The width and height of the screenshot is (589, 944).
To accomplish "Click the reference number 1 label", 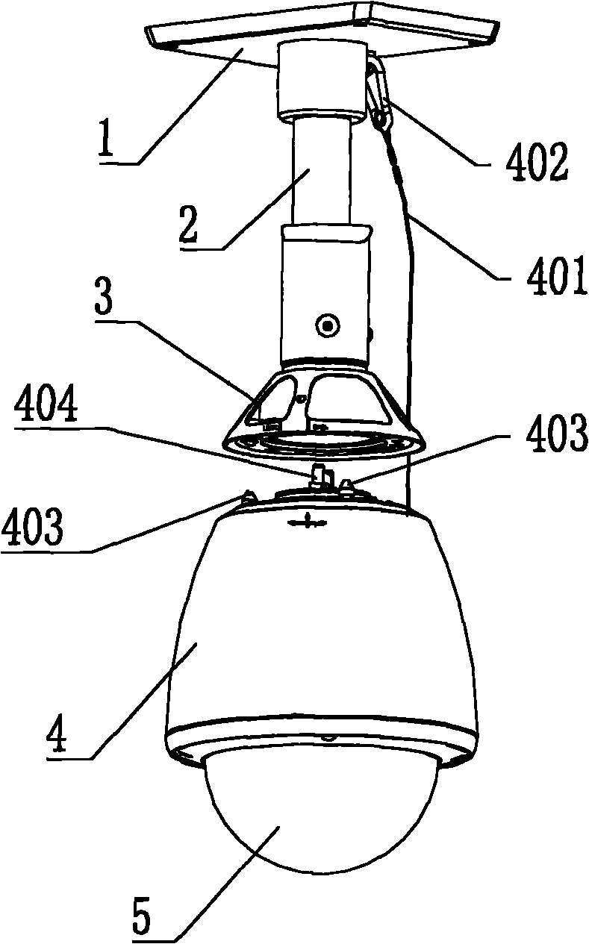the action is (x=105, y=137).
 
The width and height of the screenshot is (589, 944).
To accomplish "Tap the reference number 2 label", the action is (x=188, y=223).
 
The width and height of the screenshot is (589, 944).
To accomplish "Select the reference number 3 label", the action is (x=103, y=298).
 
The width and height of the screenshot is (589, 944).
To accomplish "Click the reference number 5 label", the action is (x=142, y=922).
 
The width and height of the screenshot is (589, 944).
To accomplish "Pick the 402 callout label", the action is (x=537, y=162).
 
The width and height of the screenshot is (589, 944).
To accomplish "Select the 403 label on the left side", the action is (x=33, y=527).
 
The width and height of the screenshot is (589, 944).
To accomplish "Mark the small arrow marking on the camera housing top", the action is (x=308, y=522).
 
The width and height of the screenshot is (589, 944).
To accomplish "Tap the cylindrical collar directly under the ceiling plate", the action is (x=320, y=80).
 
